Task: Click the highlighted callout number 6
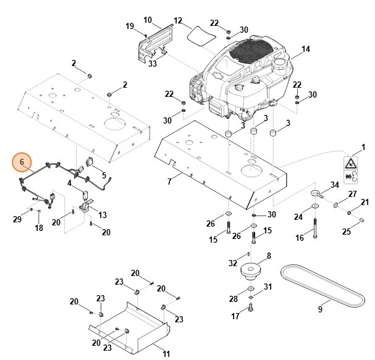22,162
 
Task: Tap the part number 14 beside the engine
305,49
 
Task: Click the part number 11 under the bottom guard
166,353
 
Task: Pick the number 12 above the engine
178,20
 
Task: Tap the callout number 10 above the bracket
147,20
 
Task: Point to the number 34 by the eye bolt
334,185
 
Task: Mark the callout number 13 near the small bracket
103,214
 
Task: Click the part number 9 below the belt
320,309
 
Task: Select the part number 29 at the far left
17,219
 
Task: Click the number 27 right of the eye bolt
352,194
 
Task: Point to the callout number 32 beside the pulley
232,262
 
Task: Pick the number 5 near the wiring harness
103,175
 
